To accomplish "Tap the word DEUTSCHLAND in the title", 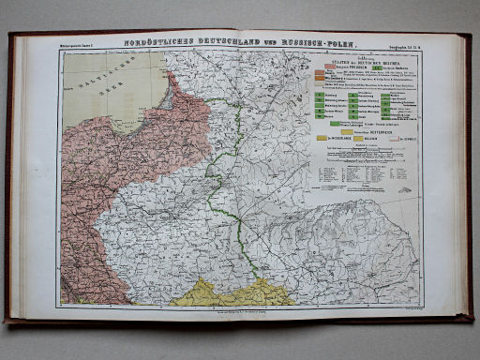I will (218, 42).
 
